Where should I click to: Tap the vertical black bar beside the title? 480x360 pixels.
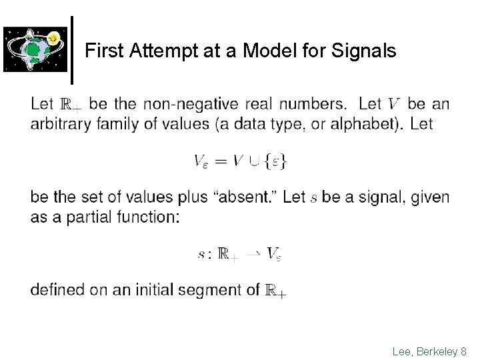pyautogui.click(x=71, y=45)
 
